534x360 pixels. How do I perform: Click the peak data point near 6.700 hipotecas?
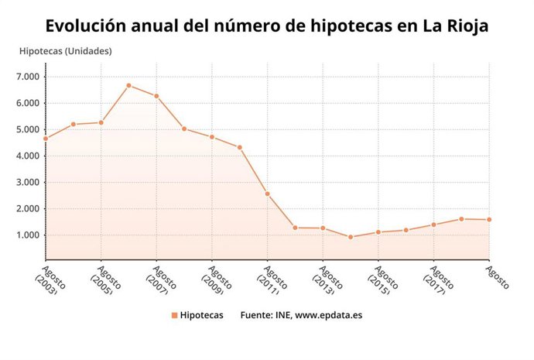tap(128, 85)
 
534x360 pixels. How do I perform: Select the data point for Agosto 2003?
tap(46, 139)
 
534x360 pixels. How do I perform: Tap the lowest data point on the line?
tap(350, 237)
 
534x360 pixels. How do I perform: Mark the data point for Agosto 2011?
tap(267, 194)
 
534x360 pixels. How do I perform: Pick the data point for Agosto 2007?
tap(156, 96)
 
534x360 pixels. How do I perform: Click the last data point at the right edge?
tap(489, 219)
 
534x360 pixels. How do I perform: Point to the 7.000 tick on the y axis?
tap(27, 77)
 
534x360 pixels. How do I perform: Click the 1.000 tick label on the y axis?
tap(27, 235)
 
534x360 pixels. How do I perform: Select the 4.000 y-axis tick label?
tap(27, 156)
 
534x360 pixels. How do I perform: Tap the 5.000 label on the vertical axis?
tap(27, 129)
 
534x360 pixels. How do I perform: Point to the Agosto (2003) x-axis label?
tap(53, 280)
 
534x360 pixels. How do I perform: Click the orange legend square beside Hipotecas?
tap(174, 316)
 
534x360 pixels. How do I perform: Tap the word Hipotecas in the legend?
tap(201, 316)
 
